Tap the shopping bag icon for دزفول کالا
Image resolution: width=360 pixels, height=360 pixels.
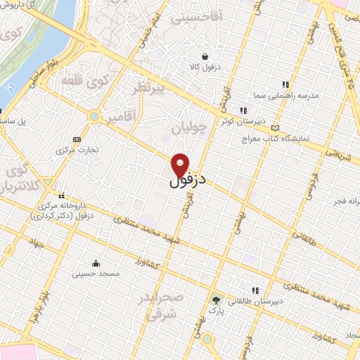point(205,57)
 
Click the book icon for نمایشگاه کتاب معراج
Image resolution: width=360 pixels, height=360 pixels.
point(275,127)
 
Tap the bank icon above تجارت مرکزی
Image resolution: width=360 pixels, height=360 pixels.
point(77,139)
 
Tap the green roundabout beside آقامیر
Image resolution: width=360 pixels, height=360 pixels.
point(94,115)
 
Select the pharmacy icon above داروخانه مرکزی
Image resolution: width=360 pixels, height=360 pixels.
point(62,195)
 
